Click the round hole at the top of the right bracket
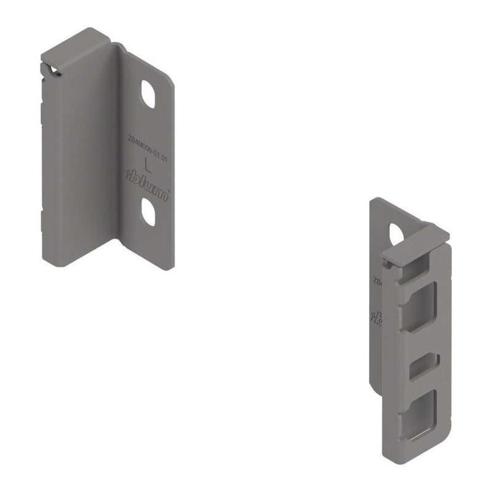[x=397, y=233]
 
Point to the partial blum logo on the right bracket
[x=375, y=316]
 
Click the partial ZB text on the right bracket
[x=376, y=281]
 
